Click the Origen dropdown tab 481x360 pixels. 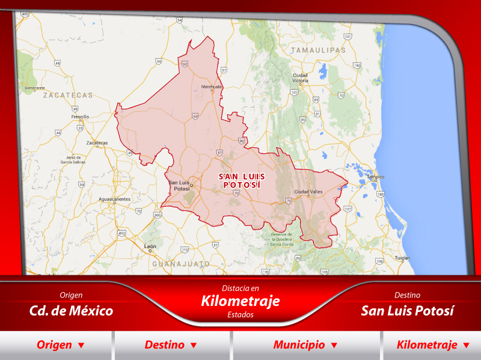coord(60,345)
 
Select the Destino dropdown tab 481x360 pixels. coord(171,345)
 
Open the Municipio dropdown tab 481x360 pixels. coord(305,345)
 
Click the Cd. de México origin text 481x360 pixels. coord(71,311)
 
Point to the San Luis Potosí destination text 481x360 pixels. coord(407,311)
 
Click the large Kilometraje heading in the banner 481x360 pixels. coord(240,301)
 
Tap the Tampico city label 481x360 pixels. coord(376,177)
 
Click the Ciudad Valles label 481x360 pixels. coord(308,192)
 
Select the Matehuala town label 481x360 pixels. coord(211,87)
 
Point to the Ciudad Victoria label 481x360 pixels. coord(300,78)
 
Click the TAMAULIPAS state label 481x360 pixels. coord(319,50)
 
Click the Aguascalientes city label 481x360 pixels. coord(114,198)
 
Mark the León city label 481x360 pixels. coord(150,247)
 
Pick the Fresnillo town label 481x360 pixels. coord(80,117)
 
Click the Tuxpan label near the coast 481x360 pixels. coord(402,258)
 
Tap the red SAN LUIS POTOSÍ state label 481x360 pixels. coord(241,180)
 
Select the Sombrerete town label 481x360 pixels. coord(35,88)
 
